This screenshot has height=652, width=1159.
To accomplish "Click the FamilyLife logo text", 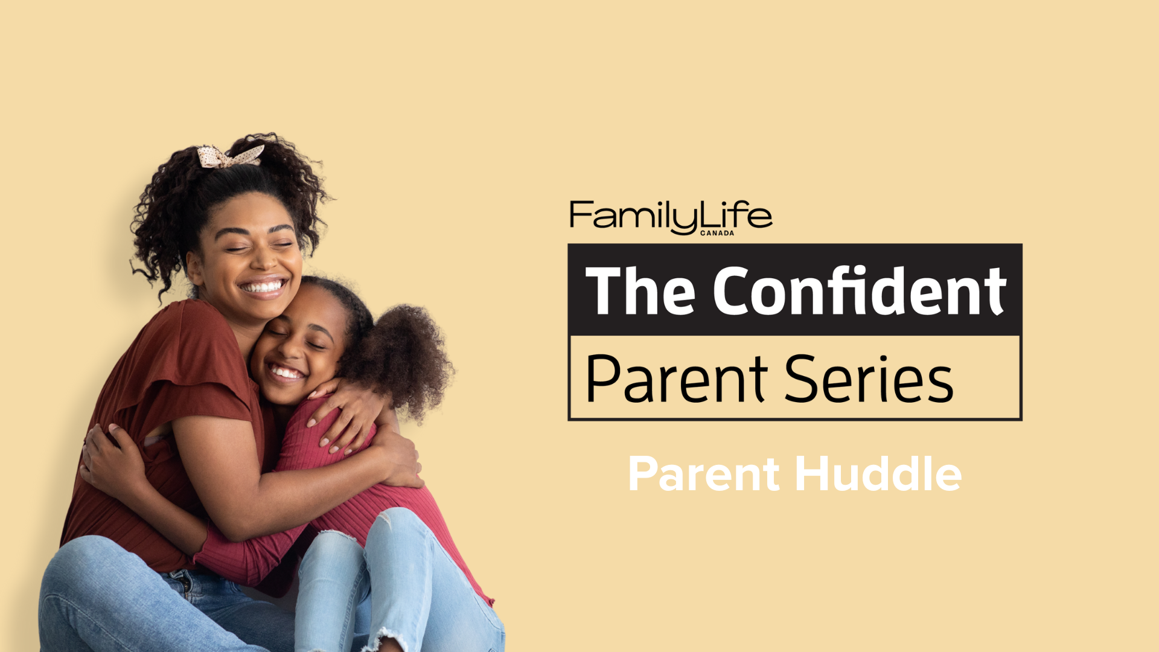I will point(670,216).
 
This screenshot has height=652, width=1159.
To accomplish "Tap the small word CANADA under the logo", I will point(717,233).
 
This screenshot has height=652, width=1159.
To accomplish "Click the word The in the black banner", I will point(639,291).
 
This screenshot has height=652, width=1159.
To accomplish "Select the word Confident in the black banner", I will point(860,291).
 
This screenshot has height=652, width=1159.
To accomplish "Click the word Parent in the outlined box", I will point(676,379).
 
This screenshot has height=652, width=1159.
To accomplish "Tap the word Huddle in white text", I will point(878,474).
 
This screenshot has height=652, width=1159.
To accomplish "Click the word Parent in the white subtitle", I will point(704,475).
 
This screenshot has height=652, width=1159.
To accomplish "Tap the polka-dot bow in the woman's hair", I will point(230,156).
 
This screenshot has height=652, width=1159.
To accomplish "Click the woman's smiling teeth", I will point(264,286).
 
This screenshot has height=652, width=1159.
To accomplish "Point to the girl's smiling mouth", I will point(286,372).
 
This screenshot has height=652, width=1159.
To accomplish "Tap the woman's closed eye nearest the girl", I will point(281,245).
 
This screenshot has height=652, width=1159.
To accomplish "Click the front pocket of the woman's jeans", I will point(181,583).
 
